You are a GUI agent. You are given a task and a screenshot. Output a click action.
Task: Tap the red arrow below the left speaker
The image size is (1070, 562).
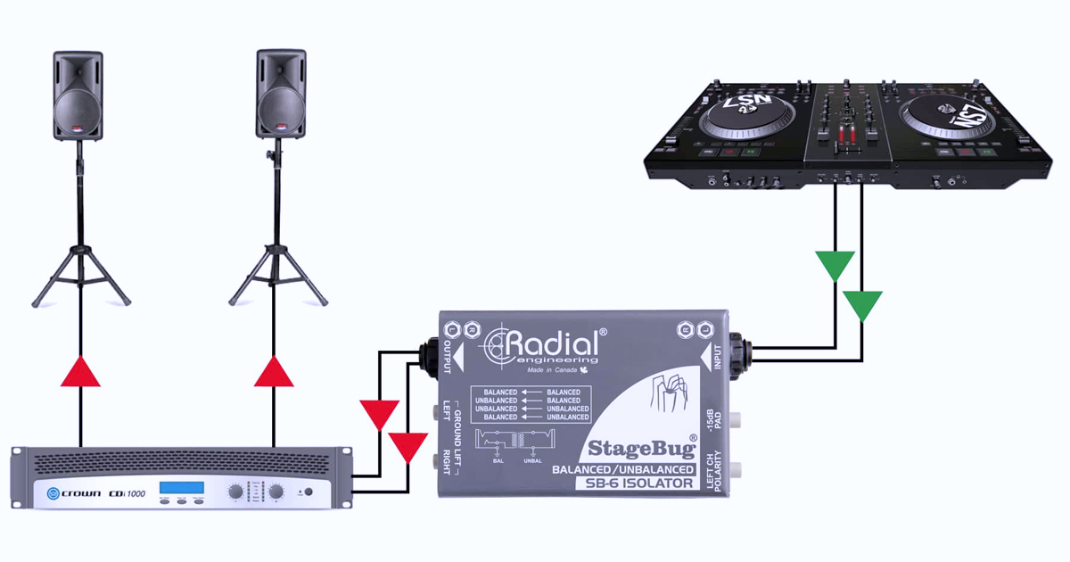tap(80, 370)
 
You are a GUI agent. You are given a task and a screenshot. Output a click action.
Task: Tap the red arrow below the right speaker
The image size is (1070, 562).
tap(274, 370)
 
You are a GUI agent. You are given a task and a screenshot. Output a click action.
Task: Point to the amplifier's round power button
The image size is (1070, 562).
tap(309, 492)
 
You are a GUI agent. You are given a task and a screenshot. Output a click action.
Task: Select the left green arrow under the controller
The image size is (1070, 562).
tap(835, 265)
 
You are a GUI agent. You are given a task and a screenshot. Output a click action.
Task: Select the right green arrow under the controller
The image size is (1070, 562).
tap(862, 305)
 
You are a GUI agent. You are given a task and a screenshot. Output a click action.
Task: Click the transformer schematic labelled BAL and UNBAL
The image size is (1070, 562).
tap(514, 442)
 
